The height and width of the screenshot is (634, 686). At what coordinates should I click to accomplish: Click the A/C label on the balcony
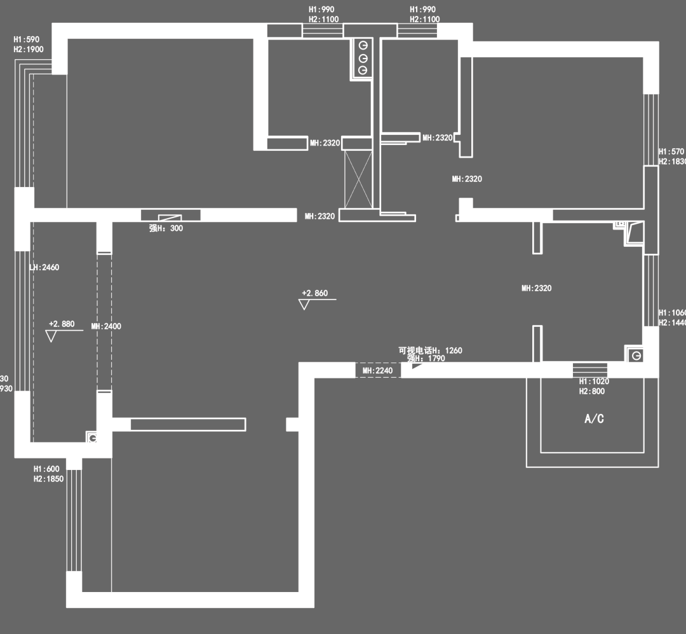pyautogui.click(x=594, y=419)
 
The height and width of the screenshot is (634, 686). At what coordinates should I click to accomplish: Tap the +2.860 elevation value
pyautogui.click(x=315, y=293)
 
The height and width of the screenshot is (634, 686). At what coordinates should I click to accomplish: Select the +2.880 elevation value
pyautogui.click(x=62, y=324)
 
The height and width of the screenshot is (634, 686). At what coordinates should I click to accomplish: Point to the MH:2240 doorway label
pyautogui.click(x=378, y=371)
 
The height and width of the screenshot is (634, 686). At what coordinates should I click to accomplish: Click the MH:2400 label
pyautogui.click(x=106, y=326)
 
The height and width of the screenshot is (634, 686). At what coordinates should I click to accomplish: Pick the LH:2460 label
pyautogui.click(x=44, y=268)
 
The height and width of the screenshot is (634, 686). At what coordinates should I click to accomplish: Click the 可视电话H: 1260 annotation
pyautogui.click(x=430, y=350)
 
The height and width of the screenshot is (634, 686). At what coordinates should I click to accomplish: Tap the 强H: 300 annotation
pyautogui.click(x=166, y=228)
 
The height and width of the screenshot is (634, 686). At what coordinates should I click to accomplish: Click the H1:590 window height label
pyautogui.click(x=27, y=39)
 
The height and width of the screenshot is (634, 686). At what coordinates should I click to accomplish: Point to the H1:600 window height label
pyautogui.click(x=46, y=469)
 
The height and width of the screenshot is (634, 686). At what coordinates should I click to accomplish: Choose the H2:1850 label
pyautogui.click(x=48, y=479)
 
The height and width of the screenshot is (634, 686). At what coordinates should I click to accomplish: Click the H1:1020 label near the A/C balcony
pyautogui.click(x=594, y=382)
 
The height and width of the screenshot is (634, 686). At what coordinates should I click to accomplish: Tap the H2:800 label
pyautogui.click(x=592, y=392)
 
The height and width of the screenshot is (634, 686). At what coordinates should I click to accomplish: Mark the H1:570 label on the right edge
pyautogui.click(x=671, y=152)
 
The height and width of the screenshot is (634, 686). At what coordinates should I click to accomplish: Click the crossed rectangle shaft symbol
pyautogui.click(x=358, y=179)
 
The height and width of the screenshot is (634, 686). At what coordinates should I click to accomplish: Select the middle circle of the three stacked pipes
pyautogui.click(x=363, y=58)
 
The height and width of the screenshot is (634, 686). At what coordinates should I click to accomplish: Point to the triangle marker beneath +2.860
pyautogui.click(x=304, y=305)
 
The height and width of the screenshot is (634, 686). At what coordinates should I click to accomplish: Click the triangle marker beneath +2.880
pyautogui.click(x=51, y=336)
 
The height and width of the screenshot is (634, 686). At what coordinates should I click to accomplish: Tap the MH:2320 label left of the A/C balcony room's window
pyautogui.click(x=536, y=288)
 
